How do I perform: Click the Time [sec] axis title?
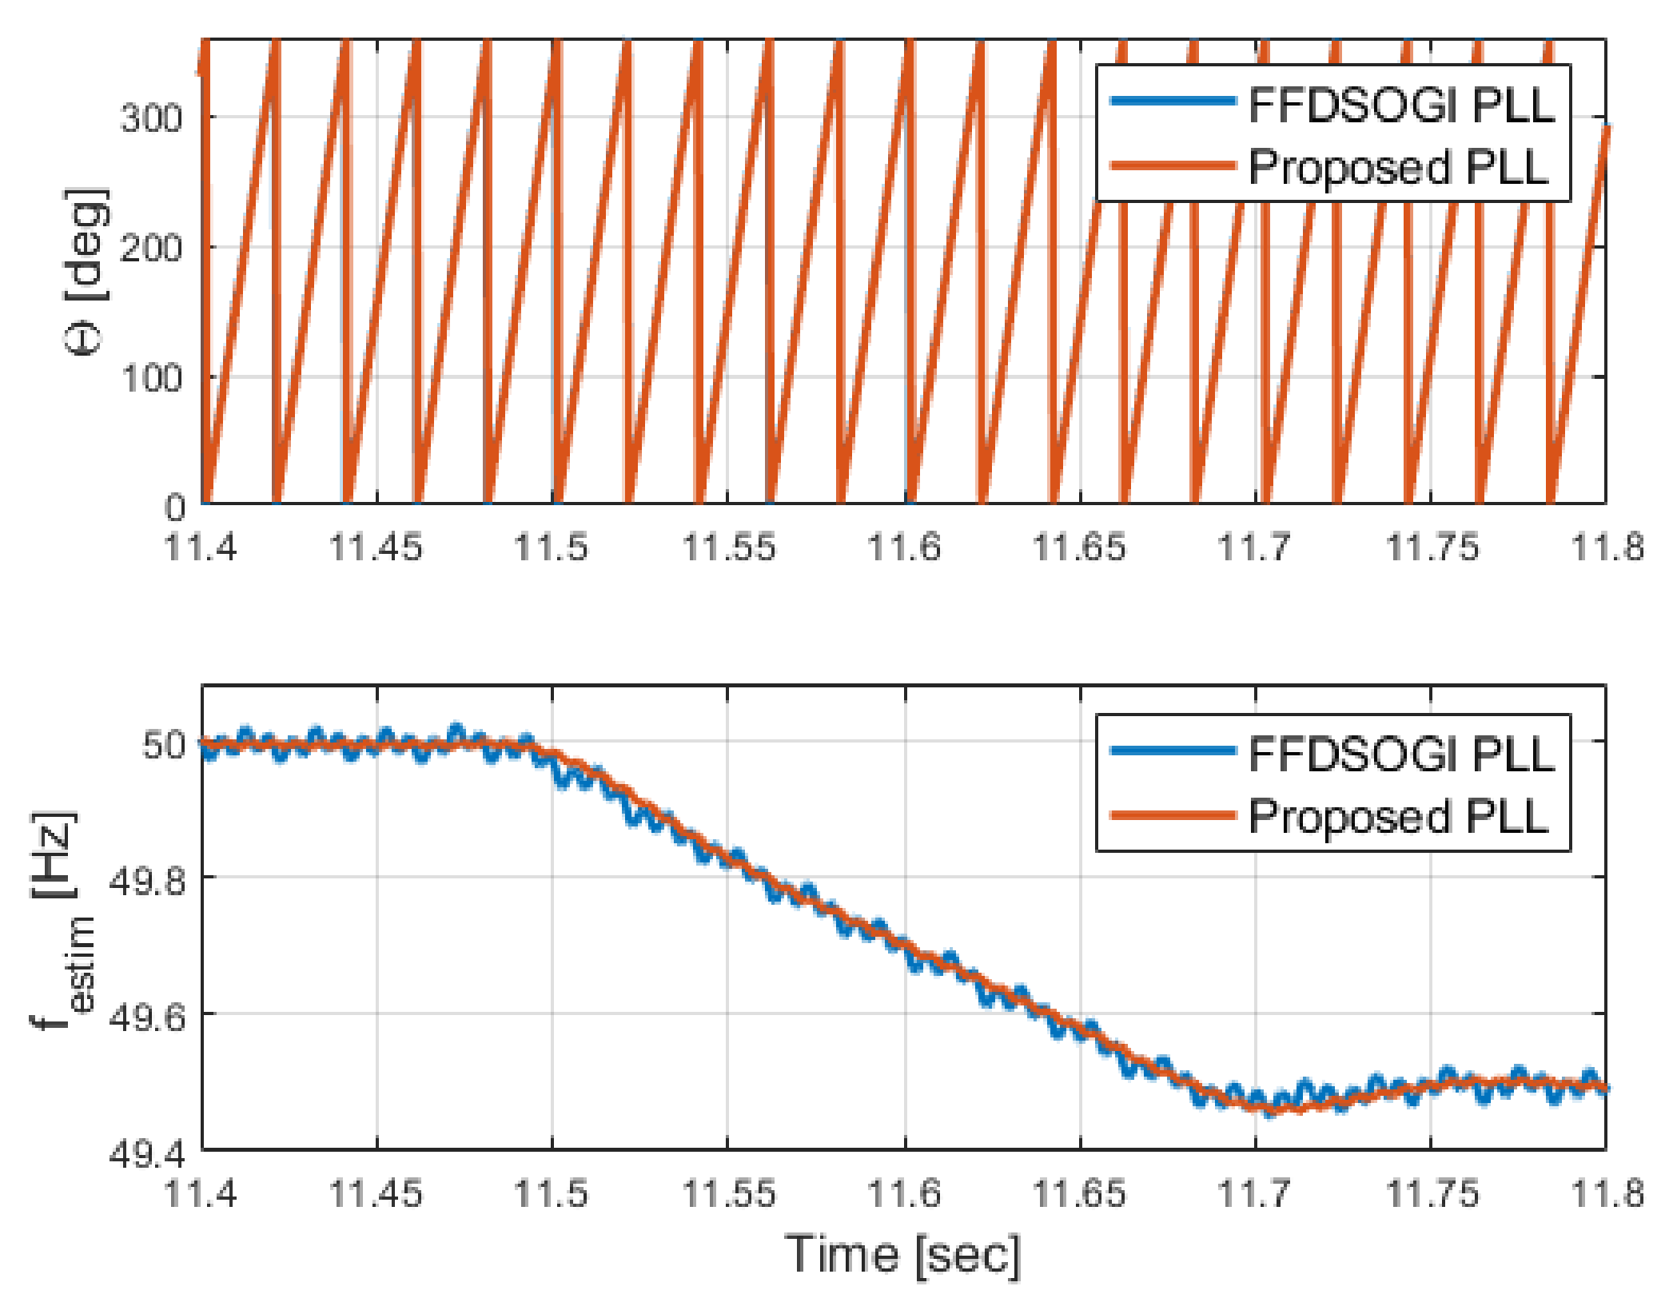click(x=903, y=1254)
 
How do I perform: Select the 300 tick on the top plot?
click(x=151, y=119)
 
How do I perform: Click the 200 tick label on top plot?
click(x=151, y=249)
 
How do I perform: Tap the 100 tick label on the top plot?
click(x=151, y=378)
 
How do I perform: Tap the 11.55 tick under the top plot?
click(x=728, y=548)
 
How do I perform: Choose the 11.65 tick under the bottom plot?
click(x=1079, y=1194)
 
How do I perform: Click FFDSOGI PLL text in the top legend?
click(x=1400, y=105)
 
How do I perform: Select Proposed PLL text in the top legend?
click(x=1398, y=168)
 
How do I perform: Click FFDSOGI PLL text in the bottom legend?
click(x=1400, y=755)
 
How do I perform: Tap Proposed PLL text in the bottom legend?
click(x=1398, y=817)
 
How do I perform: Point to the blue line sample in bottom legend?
click(x=1173, y=751)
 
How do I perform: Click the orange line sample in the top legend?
click(x=1173, y=165)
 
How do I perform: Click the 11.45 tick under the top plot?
click(x=376, y=548)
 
